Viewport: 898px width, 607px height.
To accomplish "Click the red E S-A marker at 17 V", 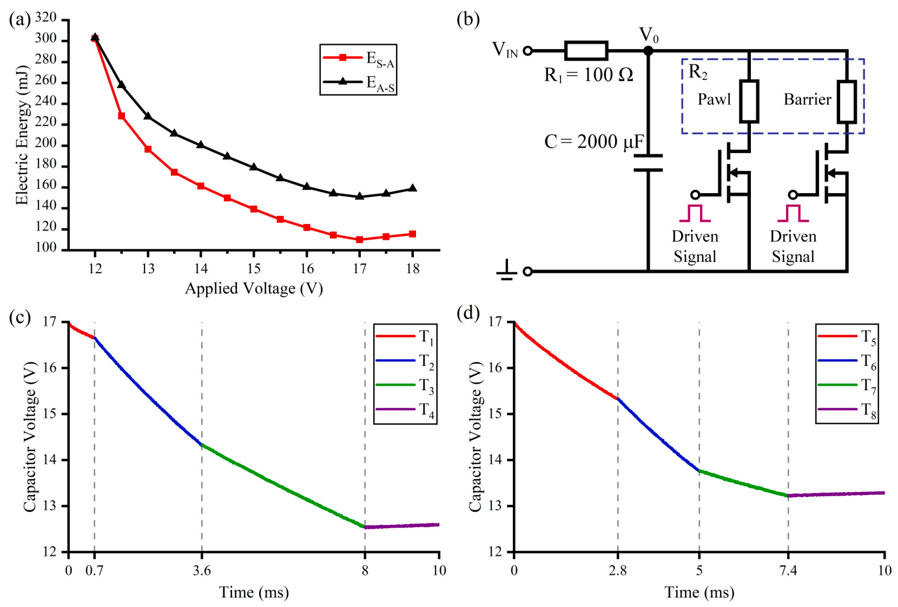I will (x=359, y=239).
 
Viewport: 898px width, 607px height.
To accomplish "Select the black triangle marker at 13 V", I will (x=148, y=116).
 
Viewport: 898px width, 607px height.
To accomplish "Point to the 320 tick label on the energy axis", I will (x=46, y=18).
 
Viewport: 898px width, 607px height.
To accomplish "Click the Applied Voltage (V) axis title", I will (x=254, y=289).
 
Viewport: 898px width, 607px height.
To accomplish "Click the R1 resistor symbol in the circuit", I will (x=586, y=51).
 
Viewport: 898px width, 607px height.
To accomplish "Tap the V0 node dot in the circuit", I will (x=648, y=51).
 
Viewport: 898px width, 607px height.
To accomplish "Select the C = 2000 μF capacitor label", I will (x=593, y=142).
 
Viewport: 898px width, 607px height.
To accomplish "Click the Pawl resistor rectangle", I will (x=749, y=101).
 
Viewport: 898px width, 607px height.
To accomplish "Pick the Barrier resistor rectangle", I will (x=847, y=101).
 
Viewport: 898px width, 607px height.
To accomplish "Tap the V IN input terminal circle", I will (x=527, y=51).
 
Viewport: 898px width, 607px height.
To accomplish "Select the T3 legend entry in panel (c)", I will (x=405, y=385).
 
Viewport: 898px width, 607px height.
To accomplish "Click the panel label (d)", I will (x=468, y=312).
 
